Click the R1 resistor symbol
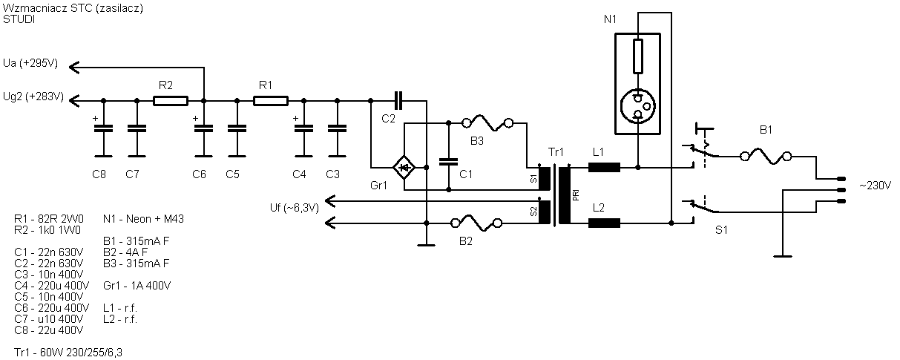pyautogui.click(x=270, y=101)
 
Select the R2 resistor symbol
pyautogui.click(x=171, y=101)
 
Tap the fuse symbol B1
pyautogui.click(x=766, y=157)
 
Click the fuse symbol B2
pyautogui.click(x=476, y=223)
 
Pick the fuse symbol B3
pyautogui.click(x=487, y=123)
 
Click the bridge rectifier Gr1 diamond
pyautogui.click(x=404, y=167)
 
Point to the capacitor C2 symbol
pyautogui.click(x=398, y=100)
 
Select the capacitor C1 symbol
pyautogui.click(x=448, y=162)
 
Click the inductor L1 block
pyautogui.click(x=604, y=167)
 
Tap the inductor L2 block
pyautogui.click(x=604, y=223)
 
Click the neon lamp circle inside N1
pyautogui.click(x=637, y=106)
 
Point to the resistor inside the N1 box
pyautogui.click(x=637, y=56)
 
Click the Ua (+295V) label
pyautogui.click(x=30, y=63)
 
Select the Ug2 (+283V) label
pyautogui.click(x=33, y=96)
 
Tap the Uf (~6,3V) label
pyautogui.click(x=295, y=208)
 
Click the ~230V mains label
pyautogui.click(x=875, y=186)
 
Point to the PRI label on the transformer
pyautogui.click(x=576, y=195)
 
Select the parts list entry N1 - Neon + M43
pyautogui.click(x=143, y=219)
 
